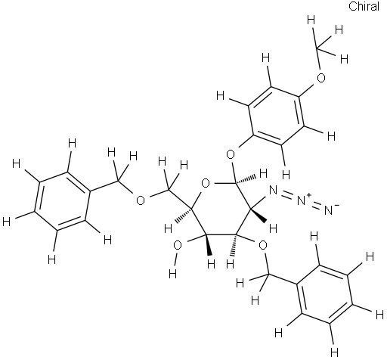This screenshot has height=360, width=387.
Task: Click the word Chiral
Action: tap(364, 7)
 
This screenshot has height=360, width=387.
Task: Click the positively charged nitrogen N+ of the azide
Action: tap(302, 200)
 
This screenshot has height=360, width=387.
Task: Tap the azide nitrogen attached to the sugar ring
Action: tap(274, 191)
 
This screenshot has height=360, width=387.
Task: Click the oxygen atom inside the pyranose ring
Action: tap(206, 184)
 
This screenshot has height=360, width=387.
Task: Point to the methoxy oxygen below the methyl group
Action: tap(320, 78)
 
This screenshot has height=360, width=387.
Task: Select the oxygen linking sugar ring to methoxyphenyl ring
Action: tap(231, 154)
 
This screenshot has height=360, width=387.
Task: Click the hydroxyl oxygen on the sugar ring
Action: tap(178, 246)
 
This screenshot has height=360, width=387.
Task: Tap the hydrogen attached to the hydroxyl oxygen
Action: tap(172, 273)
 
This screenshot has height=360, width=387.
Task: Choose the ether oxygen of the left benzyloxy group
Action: tap(141, 200)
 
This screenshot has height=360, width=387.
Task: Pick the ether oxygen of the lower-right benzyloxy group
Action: tap(263, 245)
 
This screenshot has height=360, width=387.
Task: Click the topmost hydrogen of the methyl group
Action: tap(311, 20)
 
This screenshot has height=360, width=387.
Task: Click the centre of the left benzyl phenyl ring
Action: tap(62, 201)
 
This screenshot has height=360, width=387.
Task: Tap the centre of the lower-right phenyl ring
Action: tap(324, 293)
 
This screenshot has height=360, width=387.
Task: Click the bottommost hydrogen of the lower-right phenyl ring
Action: tap(334, 352)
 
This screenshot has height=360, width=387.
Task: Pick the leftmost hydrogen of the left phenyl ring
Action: tap(6, 222)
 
